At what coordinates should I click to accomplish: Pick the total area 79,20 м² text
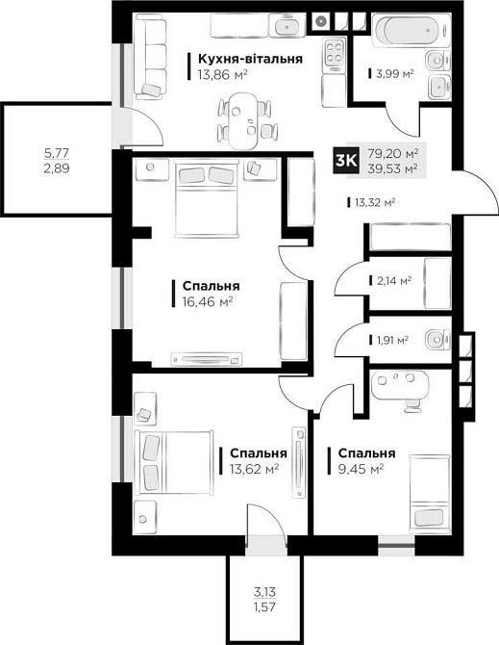[x=397, y=153]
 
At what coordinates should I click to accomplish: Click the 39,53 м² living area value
[x=397, y=169]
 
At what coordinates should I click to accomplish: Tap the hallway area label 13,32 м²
[x=376, y=202]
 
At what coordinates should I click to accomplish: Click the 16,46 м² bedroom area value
[x=202, y=301]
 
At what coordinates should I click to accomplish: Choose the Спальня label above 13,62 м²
[x=258, y=453]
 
